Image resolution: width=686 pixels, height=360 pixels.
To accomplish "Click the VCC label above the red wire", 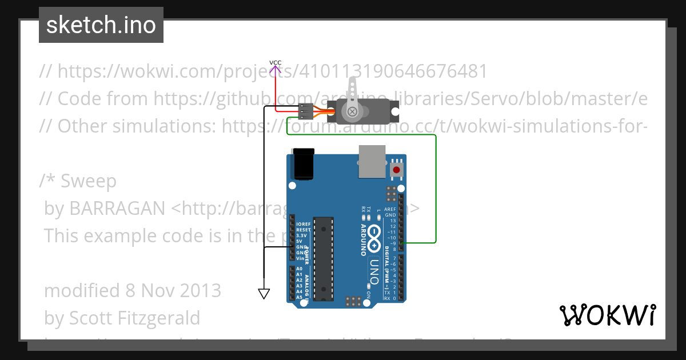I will [x=276, y=62].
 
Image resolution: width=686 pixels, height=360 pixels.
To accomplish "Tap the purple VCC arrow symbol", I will [x=276, y=70].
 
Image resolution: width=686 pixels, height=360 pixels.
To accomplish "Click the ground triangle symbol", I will [x=264, y=294].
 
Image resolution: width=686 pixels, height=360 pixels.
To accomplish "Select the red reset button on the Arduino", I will [x=396, y=170].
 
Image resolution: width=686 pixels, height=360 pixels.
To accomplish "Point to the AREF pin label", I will [x=390, y=210].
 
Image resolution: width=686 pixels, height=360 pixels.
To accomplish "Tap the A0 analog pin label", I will [x=300, y=269].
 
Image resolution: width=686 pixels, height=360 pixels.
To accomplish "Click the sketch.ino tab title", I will [x=101, y=25].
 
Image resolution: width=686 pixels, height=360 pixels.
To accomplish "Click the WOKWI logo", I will [x=607, y=315].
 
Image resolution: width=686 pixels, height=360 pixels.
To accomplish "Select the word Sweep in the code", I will [x=89, y=181].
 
